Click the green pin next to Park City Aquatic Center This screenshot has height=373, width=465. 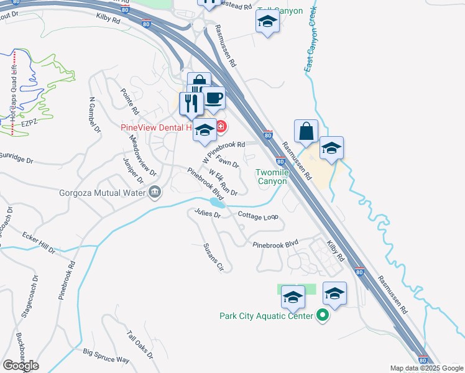[321, 316]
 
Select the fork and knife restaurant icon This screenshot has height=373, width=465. [191, 103]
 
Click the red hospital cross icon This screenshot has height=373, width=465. [221, 128]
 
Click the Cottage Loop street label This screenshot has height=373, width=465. [257, 215]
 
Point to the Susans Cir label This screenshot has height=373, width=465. [213, 257]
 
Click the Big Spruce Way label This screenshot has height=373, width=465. [106, 356]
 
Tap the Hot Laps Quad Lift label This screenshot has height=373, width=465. [13, 93]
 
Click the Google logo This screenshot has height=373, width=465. [21, 366]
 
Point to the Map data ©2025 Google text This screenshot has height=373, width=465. [426, 368]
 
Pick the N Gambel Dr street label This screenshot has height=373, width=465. [94, 115]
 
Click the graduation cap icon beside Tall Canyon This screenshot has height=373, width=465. [267, 22]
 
